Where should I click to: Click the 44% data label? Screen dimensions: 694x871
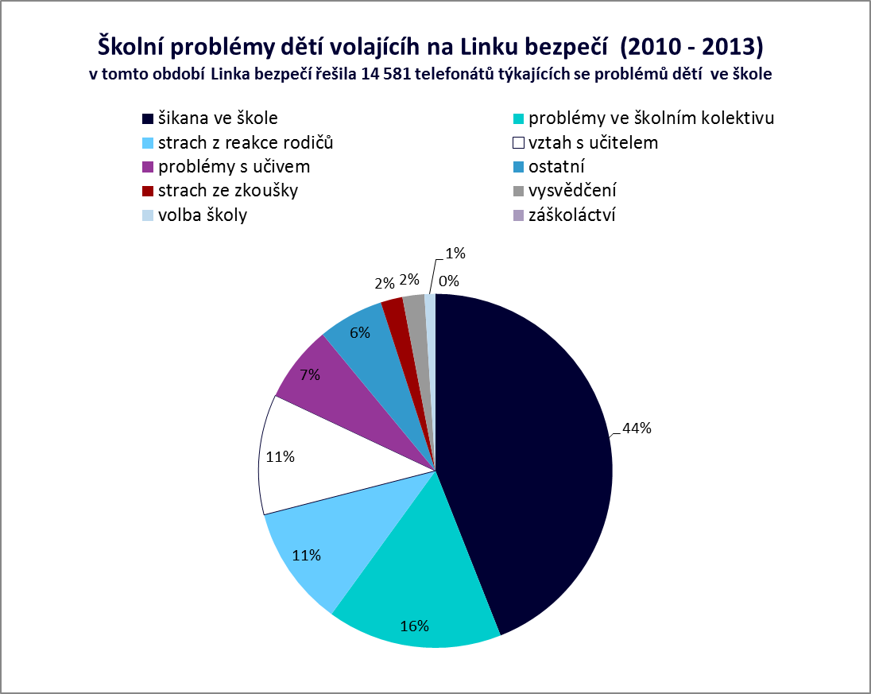pos(637,428)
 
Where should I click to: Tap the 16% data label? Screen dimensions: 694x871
pos(413,626)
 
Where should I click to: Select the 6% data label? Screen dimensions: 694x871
pos(359,333)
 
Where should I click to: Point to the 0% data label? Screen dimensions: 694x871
pos(449,281)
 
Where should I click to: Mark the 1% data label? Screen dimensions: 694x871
pos(455,254)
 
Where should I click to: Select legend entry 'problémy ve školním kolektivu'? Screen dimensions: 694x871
pos(651,118)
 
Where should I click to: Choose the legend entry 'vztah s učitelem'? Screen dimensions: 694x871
pos(593,143)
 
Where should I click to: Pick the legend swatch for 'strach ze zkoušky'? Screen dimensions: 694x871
pos(148,191)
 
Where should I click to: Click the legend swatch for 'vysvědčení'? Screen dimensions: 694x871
pos(518,191)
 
